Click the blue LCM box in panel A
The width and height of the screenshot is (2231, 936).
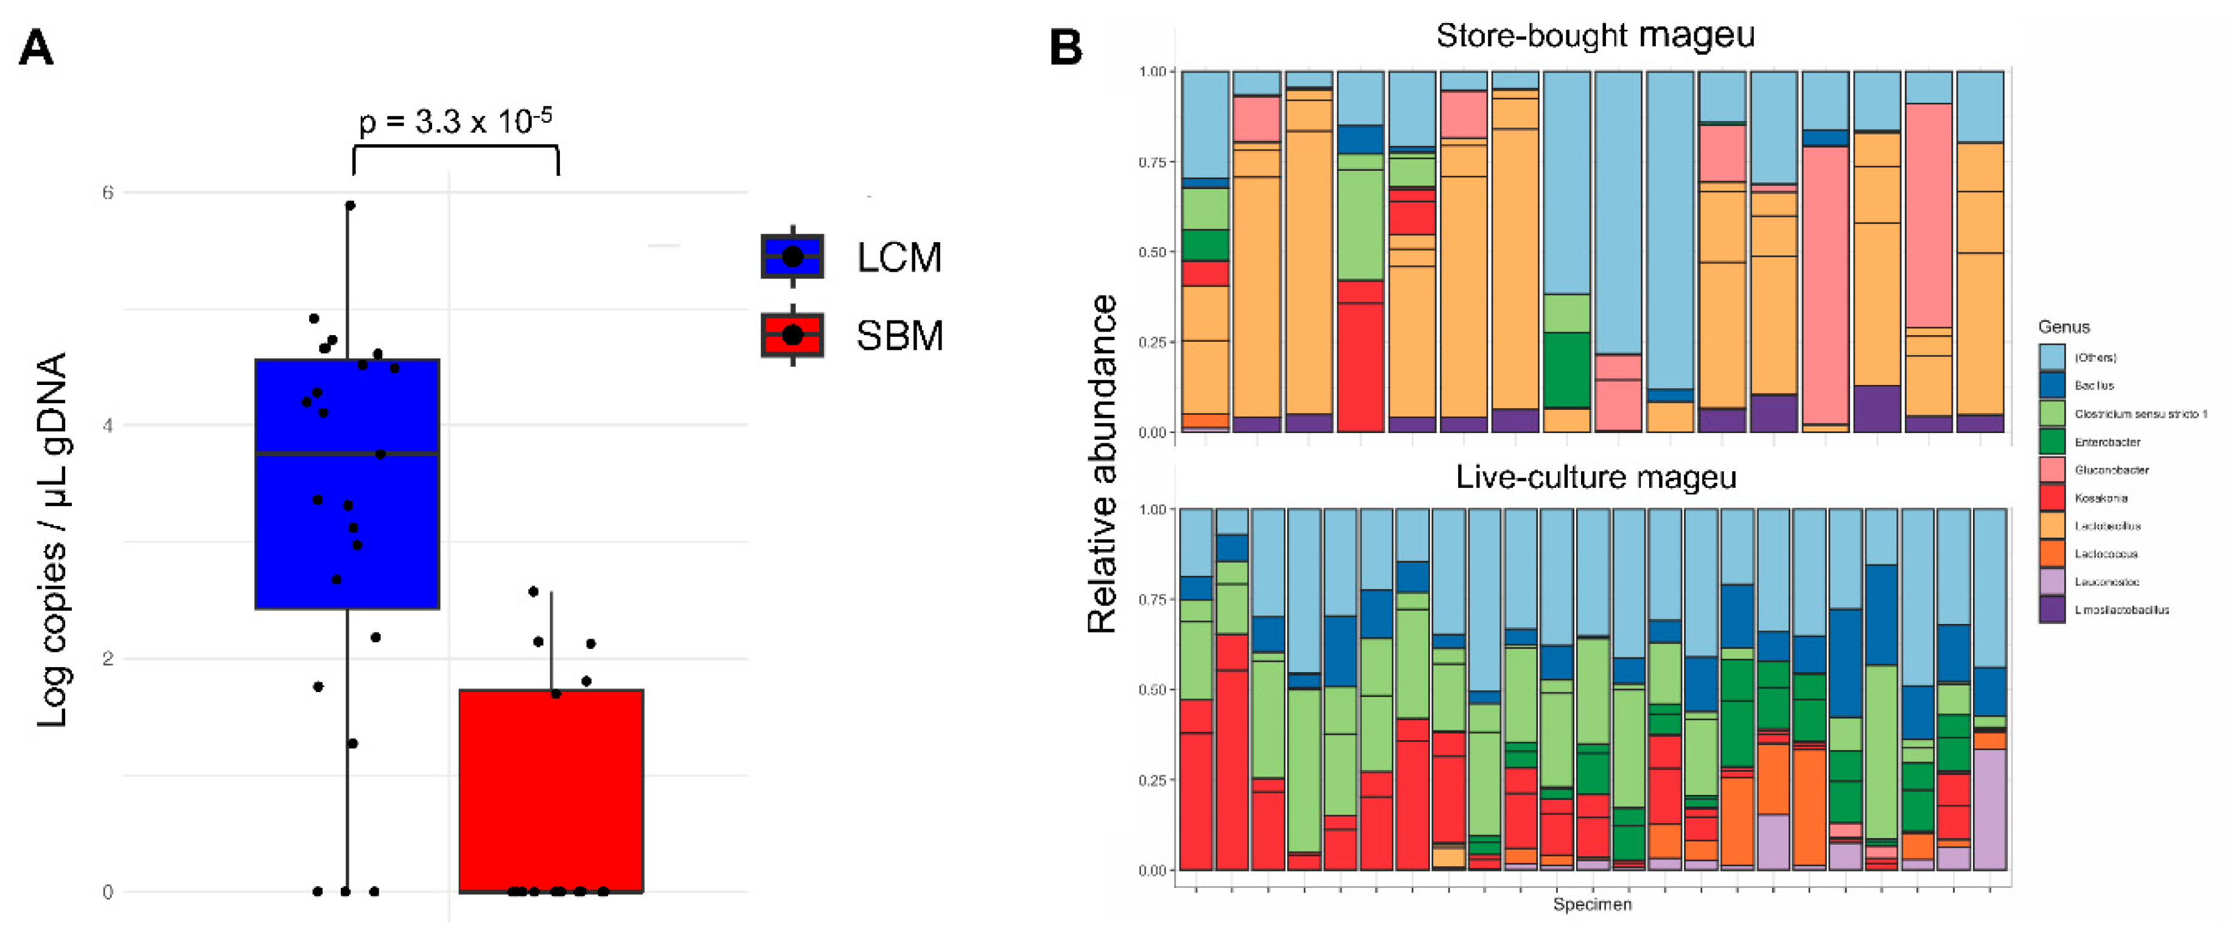(346, 519)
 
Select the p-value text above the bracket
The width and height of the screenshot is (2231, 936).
(455, 121)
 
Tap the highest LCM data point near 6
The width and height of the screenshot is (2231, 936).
(350, 205)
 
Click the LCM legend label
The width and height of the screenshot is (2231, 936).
(898, 257)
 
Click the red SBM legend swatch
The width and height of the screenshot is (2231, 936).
(792, 335)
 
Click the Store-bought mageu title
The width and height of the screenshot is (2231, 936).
(1594, 35)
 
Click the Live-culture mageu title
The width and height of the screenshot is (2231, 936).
(1595, 477)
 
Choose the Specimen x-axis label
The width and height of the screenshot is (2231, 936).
(1592, 904)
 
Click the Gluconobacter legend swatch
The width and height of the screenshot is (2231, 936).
(2051, 470)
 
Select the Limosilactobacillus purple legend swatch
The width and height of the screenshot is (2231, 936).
(2051, 609)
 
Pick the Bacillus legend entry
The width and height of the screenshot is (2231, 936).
(2093, 386)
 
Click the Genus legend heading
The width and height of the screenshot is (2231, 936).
(2063, 327)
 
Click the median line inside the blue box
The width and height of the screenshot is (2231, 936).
(346, 453)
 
